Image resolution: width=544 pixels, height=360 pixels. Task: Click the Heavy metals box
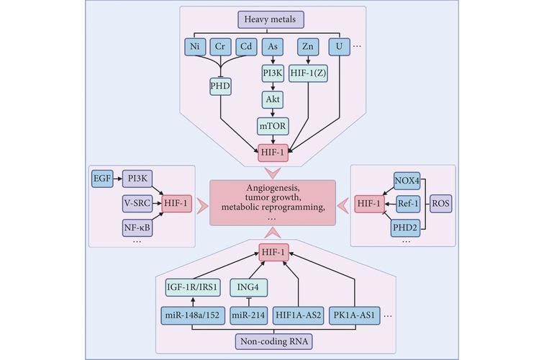point(271,19)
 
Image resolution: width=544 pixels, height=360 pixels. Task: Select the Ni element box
point(195,47)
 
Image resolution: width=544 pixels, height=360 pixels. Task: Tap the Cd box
point(246,47)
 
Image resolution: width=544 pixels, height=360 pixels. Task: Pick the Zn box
point(308,47)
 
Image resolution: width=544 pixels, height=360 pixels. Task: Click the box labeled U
point(339,47)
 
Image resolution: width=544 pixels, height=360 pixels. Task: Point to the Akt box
point(273,99)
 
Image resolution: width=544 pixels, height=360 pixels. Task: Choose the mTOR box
point(273,127)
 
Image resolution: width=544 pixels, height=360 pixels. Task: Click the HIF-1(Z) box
point(308,73)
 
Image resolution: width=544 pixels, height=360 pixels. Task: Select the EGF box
point(102,179)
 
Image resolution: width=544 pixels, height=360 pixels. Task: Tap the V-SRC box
point(137,204)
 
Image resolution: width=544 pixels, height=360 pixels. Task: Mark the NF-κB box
point(137,228)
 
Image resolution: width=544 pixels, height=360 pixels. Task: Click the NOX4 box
point(407,181)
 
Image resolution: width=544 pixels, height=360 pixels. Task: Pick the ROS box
point(441,204)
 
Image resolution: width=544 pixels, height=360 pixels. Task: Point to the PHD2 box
point(405,228)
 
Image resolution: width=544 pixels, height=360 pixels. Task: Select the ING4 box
point(248,287)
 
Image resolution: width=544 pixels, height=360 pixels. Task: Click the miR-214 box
point(248,315)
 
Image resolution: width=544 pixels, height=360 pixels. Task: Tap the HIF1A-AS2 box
point(299,315)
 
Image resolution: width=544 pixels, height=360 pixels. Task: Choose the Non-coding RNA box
point(274,341)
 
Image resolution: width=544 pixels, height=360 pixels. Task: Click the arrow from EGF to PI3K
point(117,179)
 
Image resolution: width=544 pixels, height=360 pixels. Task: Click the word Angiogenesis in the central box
point(272,188)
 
